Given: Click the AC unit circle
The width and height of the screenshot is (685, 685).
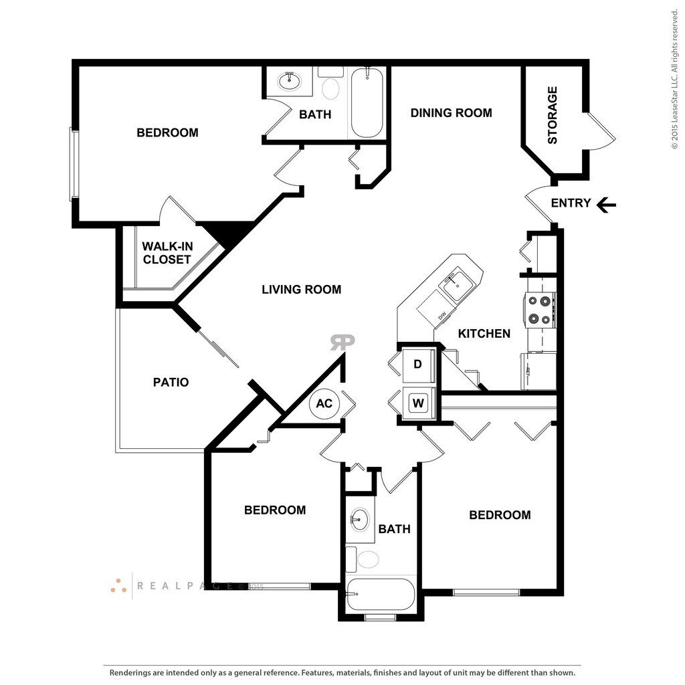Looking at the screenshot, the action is (x=324, y=403).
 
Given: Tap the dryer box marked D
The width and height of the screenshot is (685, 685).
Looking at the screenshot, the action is (x=418, y=365).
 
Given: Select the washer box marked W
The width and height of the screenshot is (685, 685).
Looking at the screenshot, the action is (x=419, y=403).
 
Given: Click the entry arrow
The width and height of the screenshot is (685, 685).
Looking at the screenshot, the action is (x=606, y=204).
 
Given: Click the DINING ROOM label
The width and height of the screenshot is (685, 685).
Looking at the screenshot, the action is (x=451, y=113).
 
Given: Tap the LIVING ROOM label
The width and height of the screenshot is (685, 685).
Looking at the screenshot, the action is (x=301, y=290).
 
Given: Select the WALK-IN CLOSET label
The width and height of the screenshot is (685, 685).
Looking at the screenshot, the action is (x=167, y=253).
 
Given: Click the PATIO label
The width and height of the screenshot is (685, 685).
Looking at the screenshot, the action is (x=171, y=383).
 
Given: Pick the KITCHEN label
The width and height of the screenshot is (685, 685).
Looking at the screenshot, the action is (x=484, y=333).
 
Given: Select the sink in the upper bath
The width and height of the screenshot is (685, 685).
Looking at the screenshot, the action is (x=290, y=81).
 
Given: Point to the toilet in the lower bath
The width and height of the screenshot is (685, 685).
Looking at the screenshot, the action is (x=367, y=559).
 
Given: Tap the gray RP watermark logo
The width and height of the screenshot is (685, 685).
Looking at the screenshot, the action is (x=342, y=342).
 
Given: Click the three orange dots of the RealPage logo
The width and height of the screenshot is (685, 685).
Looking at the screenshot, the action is (x=118, y=586).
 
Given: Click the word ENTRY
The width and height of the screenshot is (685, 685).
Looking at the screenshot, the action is (x=571, y=203).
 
